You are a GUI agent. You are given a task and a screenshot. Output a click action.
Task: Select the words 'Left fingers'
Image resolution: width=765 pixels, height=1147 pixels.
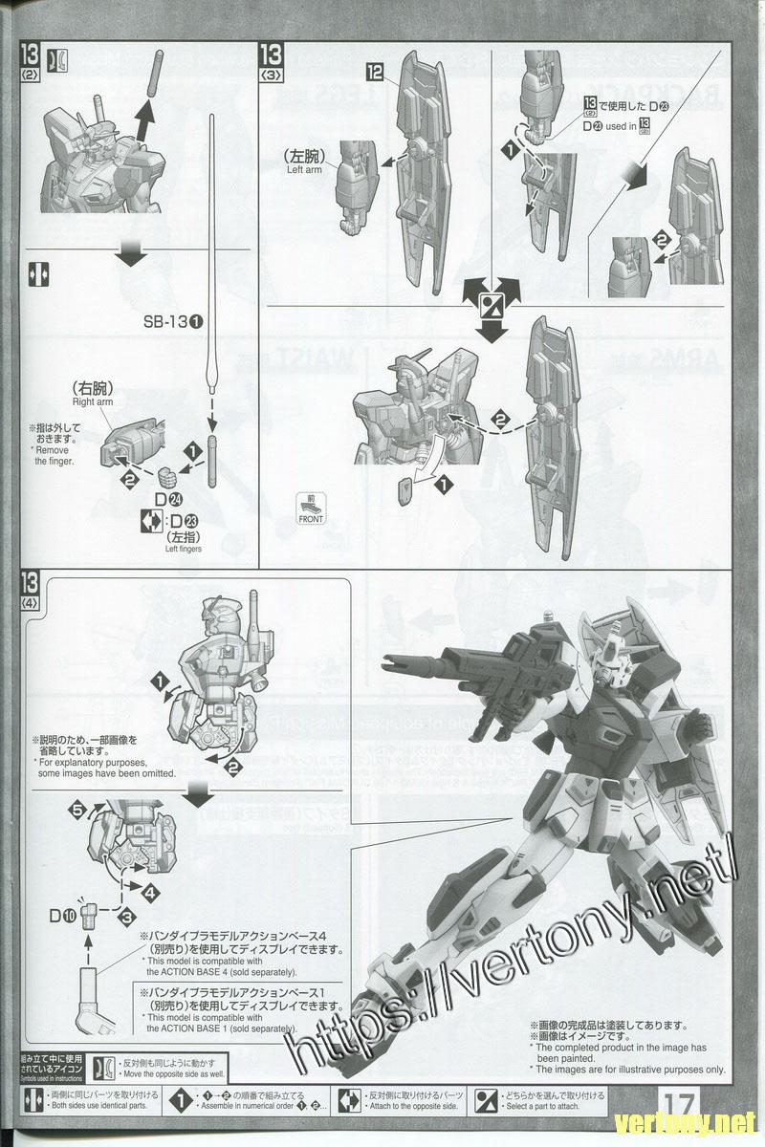(184, 549)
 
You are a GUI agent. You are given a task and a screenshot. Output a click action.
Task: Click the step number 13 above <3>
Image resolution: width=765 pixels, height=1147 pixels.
(272, 54)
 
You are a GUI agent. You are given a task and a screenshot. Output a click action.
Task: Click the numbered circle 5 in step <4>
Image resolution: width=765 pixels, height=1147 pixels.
(76, 810)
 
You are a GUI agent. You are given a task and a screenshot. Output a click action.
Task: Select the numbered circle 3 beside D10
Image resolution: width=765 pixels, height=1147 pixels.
(125, 917)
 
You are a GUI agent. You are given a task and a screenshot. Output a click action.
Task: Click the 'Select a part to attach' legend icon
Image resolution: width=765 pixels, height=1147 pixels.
(487, 1099)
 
